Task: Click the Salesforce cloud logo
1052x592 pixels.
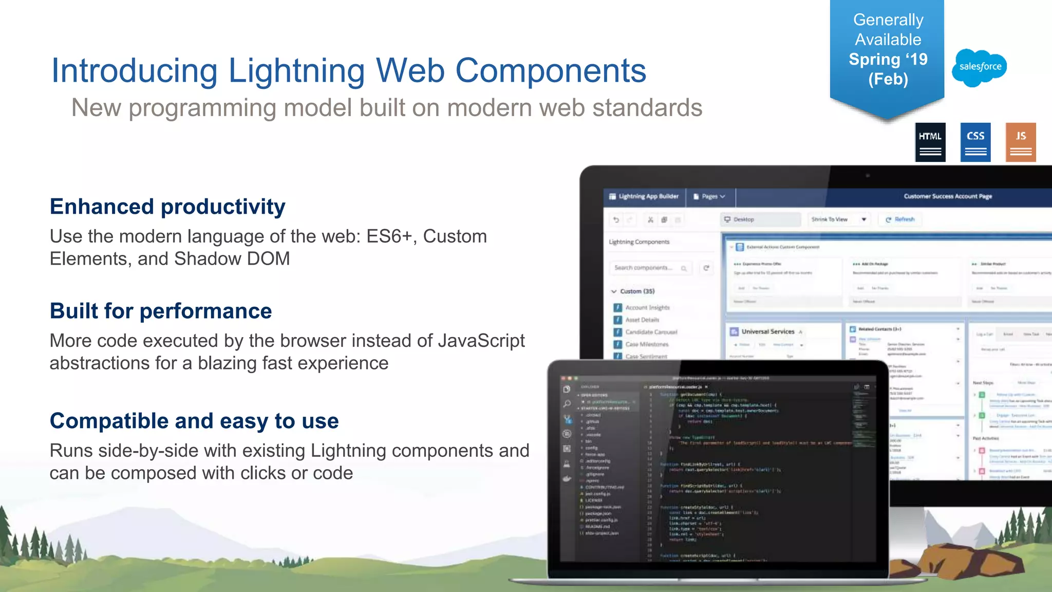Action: coord(980,67)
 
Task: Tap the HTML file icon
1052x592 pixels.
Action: coord(930,142)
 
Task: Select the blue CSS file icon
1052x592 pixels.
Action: coord(975,142)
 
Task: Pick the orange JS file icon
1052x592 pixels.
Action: coord(1021,142)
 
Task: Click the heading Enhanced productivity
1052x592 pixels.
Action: coord(167,207)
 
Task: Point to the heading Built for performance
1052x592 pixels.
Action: coord(161,311)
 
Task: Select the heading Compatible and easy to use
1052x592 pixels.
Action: coord(194,421)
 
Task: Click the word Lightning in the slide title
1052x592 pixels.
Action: coord(296,70)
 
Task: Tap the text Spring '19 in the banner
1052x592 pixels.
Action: coord(888,59)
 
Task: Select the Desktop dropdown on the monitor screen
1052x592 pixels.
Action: coord(760,219)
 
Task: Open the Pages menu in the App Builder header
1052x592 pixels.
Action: coord(709,196)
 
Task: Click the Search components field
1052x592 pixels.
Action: coord(647,268)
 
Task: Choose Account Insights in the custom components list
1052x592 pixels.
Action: coord(647,307)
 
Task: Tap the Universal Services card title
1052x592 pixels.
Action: coord(767,331)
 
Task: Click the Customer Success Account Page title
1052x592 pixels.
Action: coord(948,196)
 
